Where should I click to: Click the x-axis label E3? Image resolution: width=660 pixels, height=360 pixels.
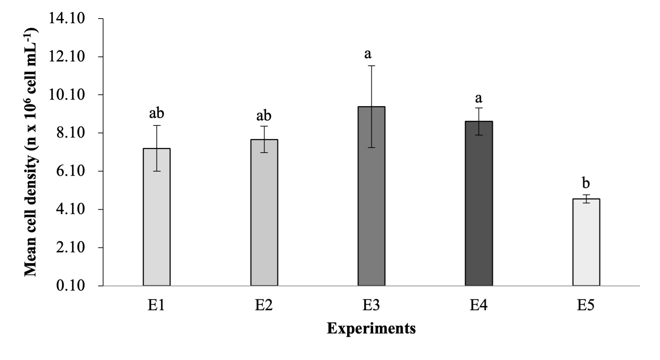(371, 305)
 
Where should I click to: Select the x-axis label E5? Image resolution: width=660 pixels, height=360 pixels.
(586, 305)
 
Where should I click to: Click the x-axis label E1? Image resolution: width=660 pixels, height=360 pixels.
(156, 305)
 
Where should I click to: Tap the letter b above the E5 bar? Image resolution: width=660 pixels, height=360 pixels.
(586, 183)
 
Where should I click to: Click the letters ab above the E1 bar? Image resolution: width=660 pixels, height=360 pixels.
(157, 113)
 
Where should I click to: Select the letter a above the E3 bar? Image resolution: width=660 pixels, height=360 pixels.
(368, 54)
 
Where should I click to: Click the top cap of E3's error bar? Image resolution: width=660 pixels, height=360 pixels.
(372, 66)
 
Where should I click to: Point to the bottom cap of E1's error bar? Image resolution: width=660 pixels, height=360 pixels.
(157, 171)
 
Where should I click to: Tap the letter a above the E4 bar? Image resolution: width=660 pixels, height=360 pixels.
(478, 98)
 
